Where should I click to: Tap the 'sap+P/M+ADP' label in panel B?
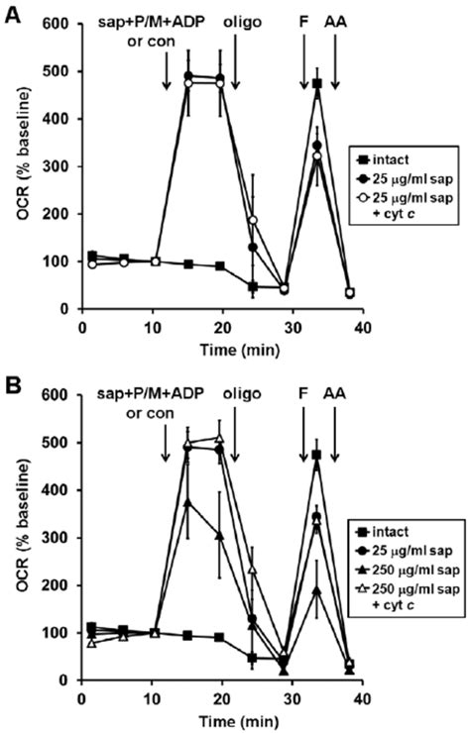click(150, 393)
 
